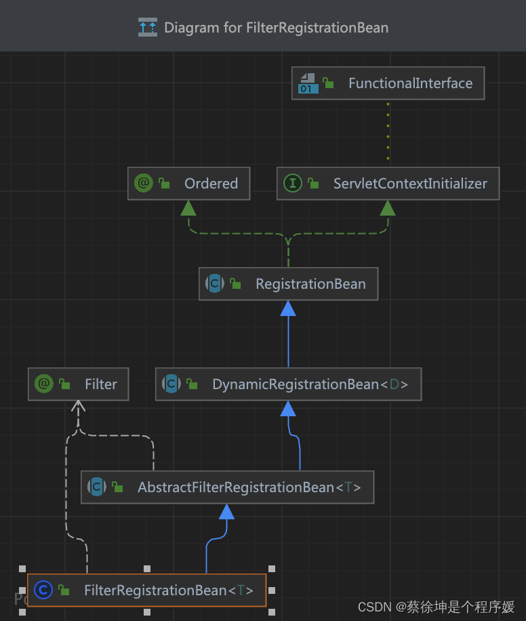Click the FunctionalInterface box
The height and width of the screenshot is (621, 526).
pyautogui.click(x=388, y=83)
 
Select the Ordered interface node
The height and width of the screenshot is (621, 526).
pyautogui.click(x=188, y=184)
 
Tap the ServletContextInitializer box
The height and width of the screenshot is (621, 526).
pyautogui.click(x=388, y=184)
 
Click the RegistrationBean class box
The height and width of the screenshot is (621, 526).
pyautogui.click(x=288, y=284)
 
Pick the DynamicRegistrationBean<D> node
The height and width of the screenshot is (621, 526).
pyautogui.click(x=288, y=384)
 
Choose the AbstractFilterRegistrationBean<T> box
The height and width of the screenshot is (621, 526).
pyautogui.click(x=227, y=487)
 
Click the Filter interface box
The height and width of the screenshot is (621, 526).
pyautogui.click(x=79, y=384)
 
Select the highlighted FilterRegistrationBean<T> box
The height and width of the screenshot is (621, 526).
pyautogui.click(x=146, y=590)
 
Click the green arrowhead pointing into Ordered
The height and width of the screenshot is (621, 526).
pyautogui.click(x=188, y=207)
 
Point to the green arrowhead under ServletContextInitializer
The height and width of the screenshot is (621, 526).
pyautogui.click(x=388, y=207)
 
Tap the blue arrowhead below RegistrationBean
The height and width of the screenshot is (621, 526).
pyautogui.click(x=288, y=308)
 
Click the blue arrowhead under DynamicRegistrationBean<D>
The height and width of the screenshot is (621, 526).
pyautogui.click(x=288, y=408)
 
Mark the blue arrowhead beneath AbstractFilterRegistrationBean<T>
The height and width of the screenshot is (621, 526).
pyautogui.click(x=227, y=511)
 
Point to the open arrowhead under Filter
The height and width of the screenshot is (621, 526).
pyautogui.click(x=79, y=407)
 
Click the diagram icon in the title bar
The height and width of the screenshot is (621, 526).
pyautogui.click(x=147, y=28)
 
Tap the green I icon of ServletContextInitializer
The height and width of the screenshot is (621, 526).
pyautogui.click(x=293, y=184)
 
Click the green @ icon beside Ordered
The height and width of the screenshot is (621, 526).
pyautogui.click(x=144, y=184)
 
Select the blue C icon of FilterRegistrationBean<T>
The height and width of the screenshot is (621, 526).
pyautogui.click(x=43, y=590)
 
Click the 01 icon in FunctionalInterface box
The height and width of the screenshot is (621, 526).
pyautogui.click(x=308, y=83)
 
